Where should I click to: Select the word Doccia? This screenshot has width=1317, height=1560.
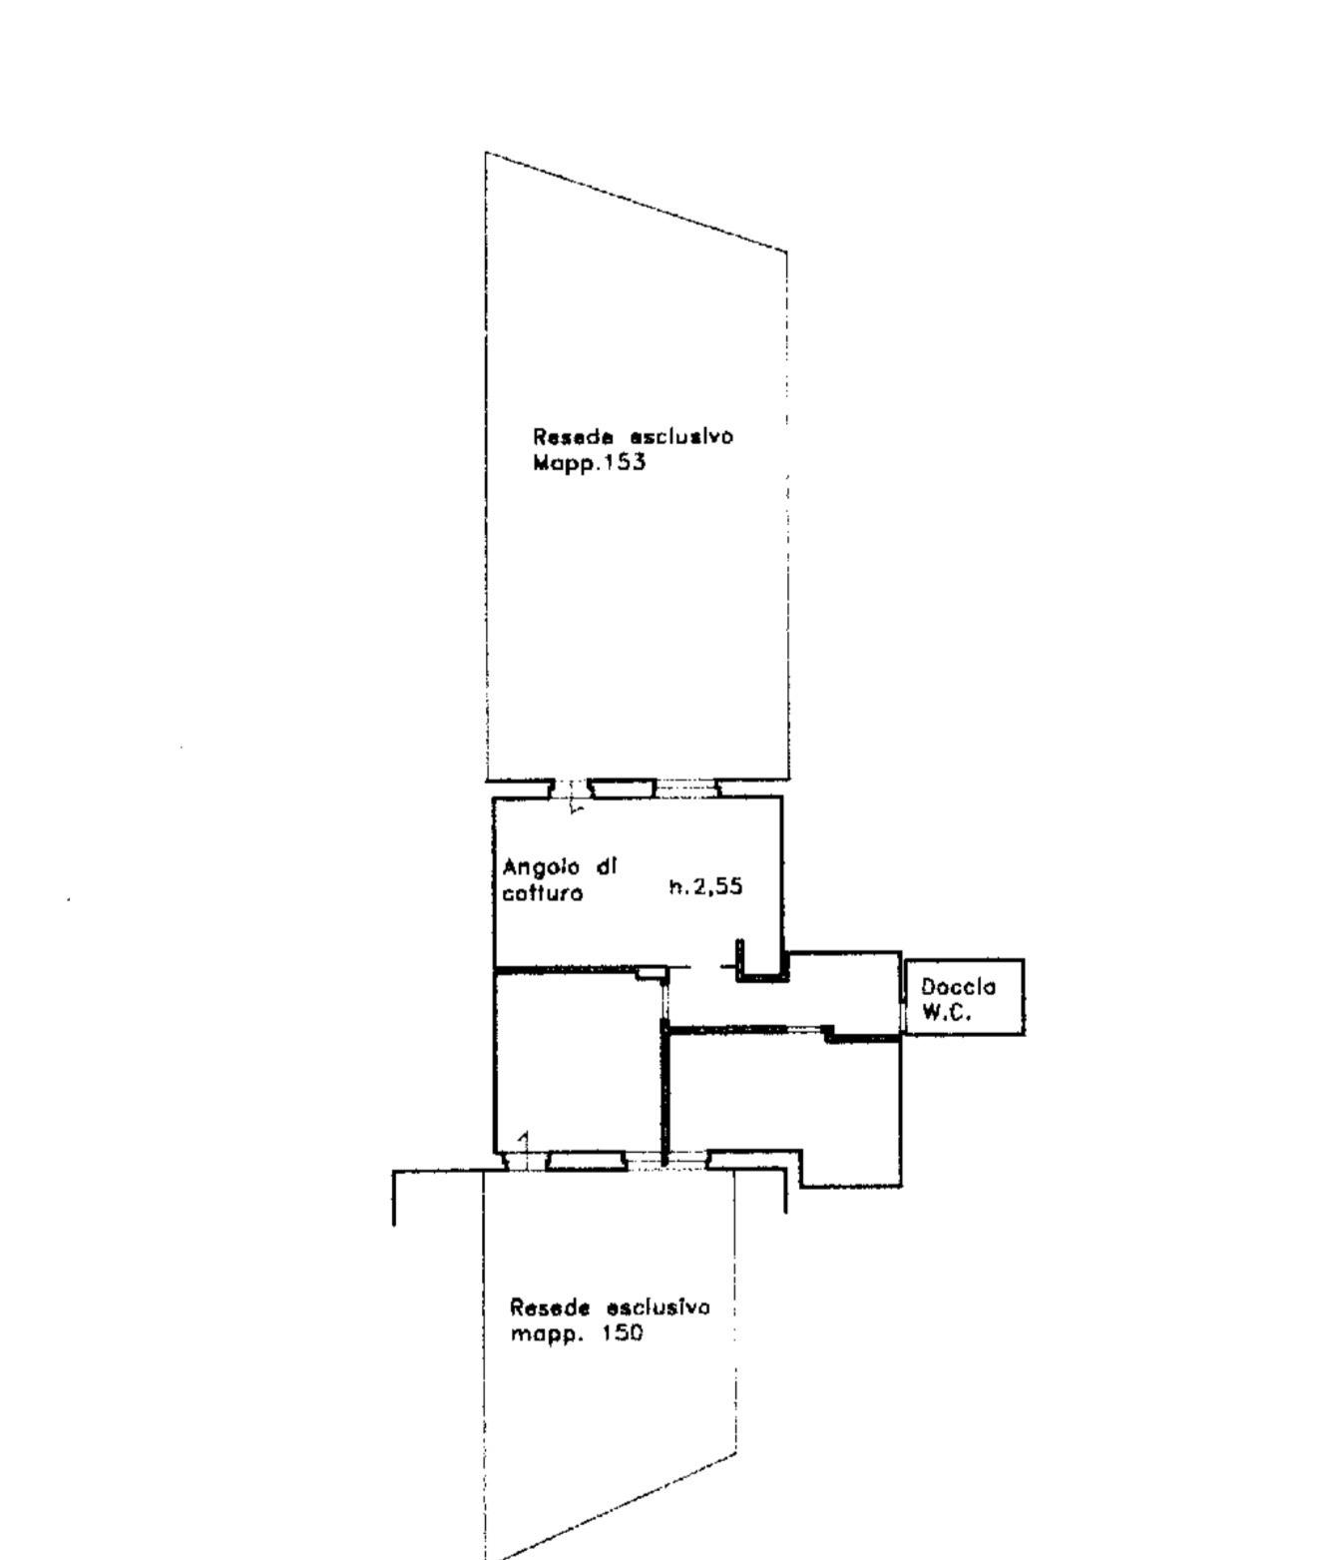point(959,988)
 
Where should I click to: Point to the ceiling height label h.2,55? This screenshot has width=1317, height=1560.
point(706,887)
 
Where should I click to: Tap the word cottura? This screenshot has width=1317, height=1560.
point(543,893)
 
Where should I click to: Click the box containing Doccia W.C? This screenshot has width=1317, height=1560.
point(964,997)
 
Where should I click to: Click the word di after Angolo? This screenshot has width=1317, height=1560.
point(606,866)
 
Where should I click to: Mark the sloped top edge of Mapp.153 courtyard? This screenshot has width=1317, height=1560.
point(636,202)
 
